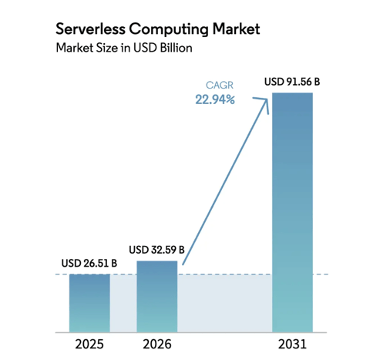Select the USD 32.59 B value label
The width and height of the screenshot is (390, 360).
point(156,250)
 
